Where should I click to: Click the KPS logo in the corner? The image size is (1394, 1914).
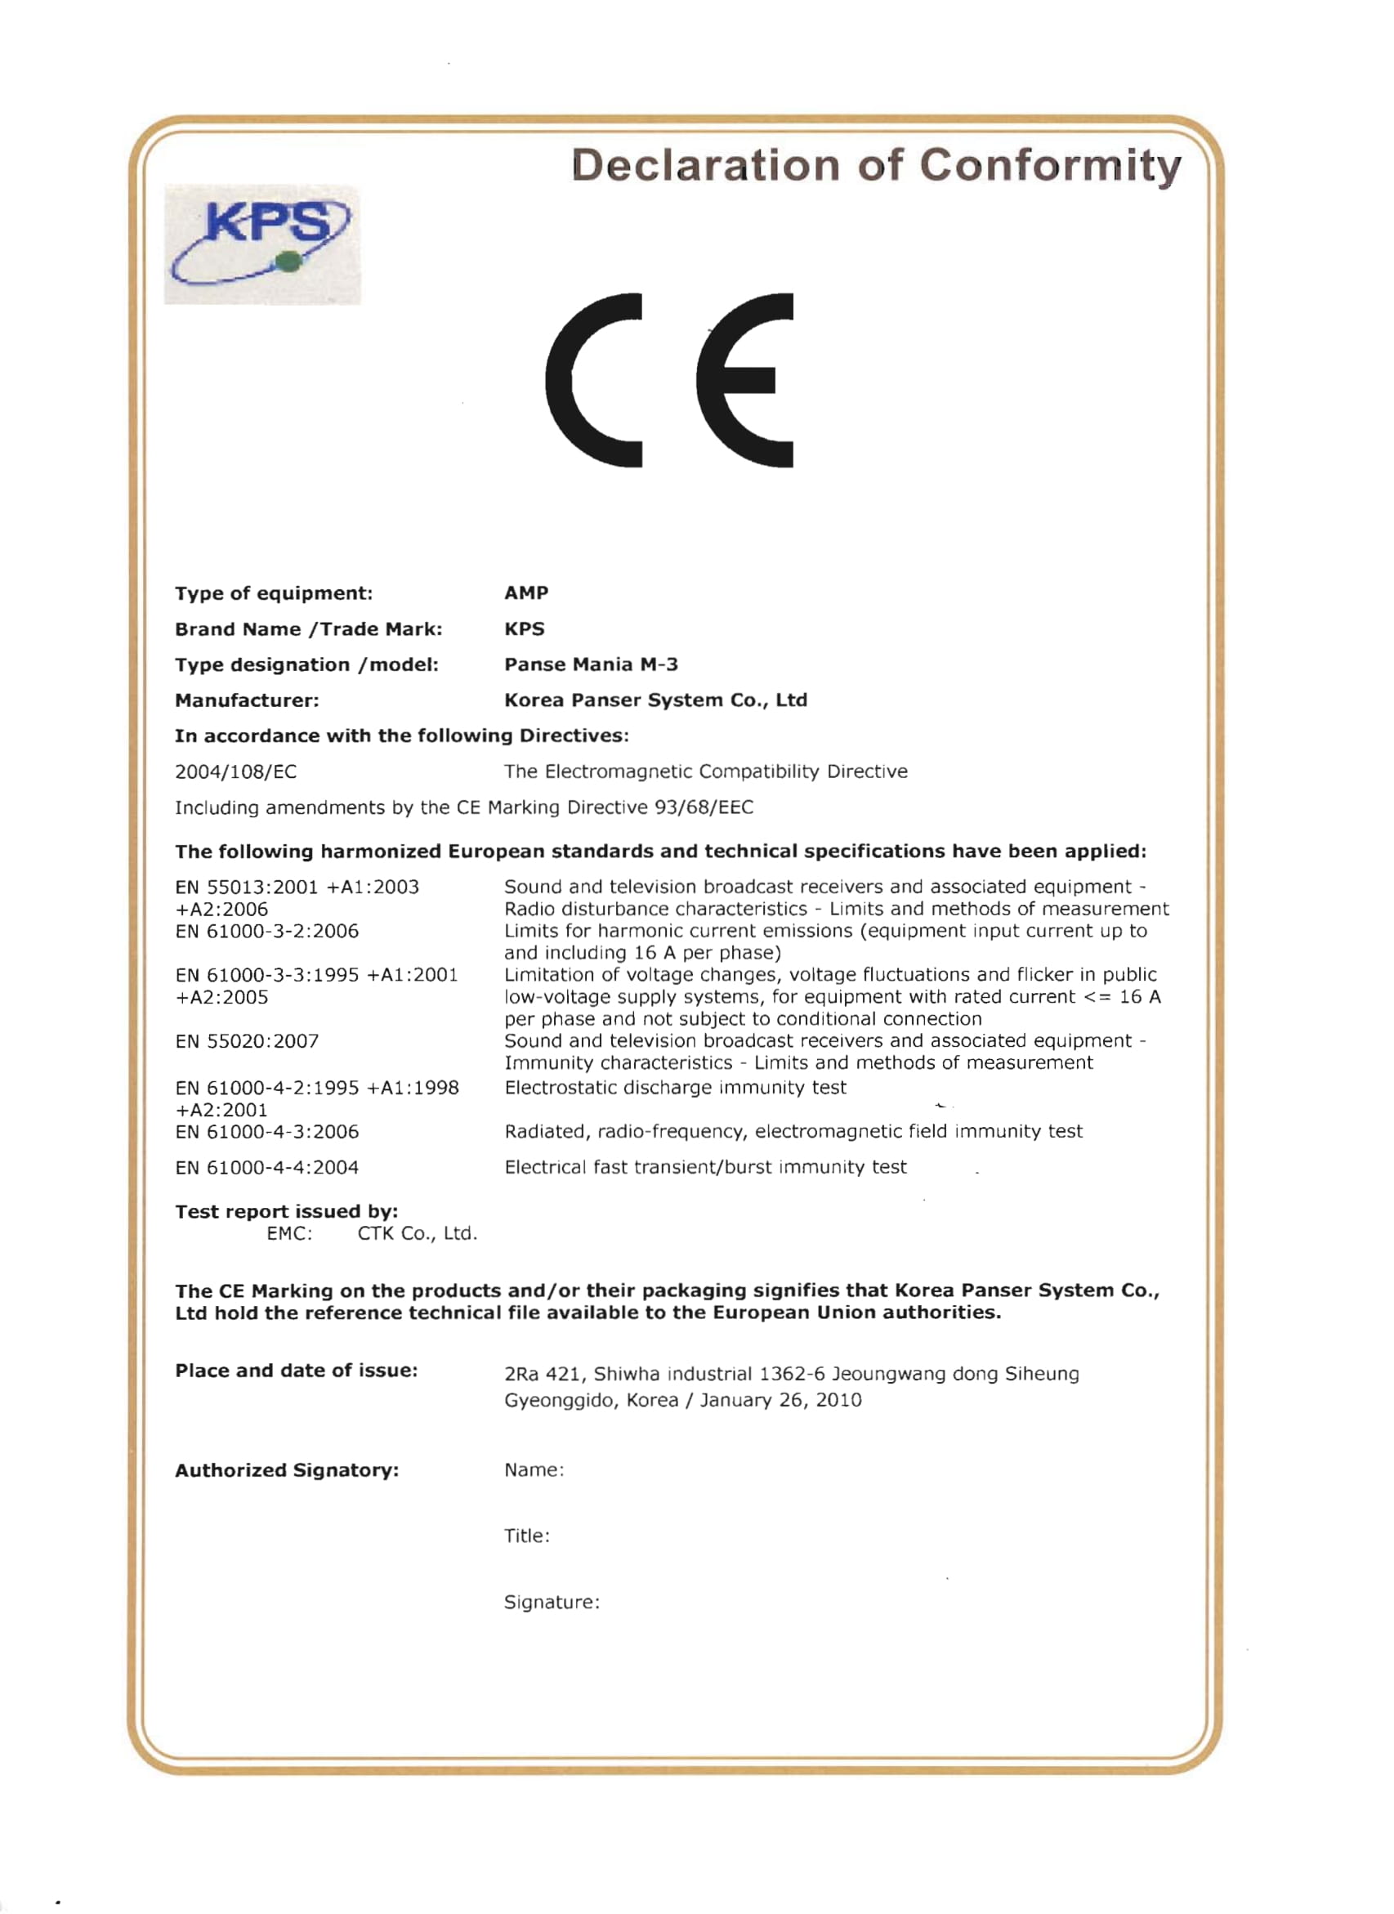pos(261,244)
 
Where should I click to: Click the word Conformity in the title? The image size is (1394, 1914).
pos(1050,165)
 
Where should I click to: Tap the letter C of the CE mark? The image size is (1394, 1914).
pos(593,380)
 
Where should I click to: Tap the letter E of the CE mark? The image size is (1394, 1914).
pos(744,380)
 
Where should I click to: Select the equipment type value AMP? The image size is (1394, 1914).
pos(525,593)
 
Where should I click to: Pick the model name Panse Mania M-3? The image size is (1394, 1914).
pos(591,664)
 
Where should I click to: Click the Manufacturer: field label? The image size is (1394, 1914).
pos(247,700)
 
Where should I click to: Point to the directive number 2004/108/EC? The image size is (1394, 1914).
pos(235,771)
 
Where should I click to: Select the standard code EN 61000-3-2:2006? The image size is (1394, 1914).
pos(266,931)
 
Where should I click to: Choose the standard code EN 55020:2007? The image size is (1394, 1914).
pos(247,1041)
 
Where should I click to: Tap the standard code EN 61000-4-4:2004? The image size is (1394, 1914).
pos(266,1167)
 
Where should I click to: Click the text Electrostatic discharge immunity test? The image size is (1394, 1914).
pos(675,1088)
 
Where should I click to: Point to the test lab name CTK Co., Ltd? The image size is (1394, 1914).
pos(417,1234)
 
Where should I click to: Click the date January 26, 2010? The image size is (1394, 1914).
pos(780,1400)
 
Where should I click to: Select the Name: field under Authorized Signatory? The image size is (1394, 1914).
pos(534,1470)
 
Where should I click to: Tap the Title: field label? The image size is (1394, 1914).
pos(526,1536)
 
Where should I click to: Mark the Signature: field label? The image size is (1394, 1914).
pos(552,1602)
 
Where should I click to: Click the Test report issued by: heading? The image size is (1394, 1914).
pos(286,1212)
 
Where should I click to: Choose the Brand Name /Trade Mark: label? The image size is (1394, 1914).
pos(308,628)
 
